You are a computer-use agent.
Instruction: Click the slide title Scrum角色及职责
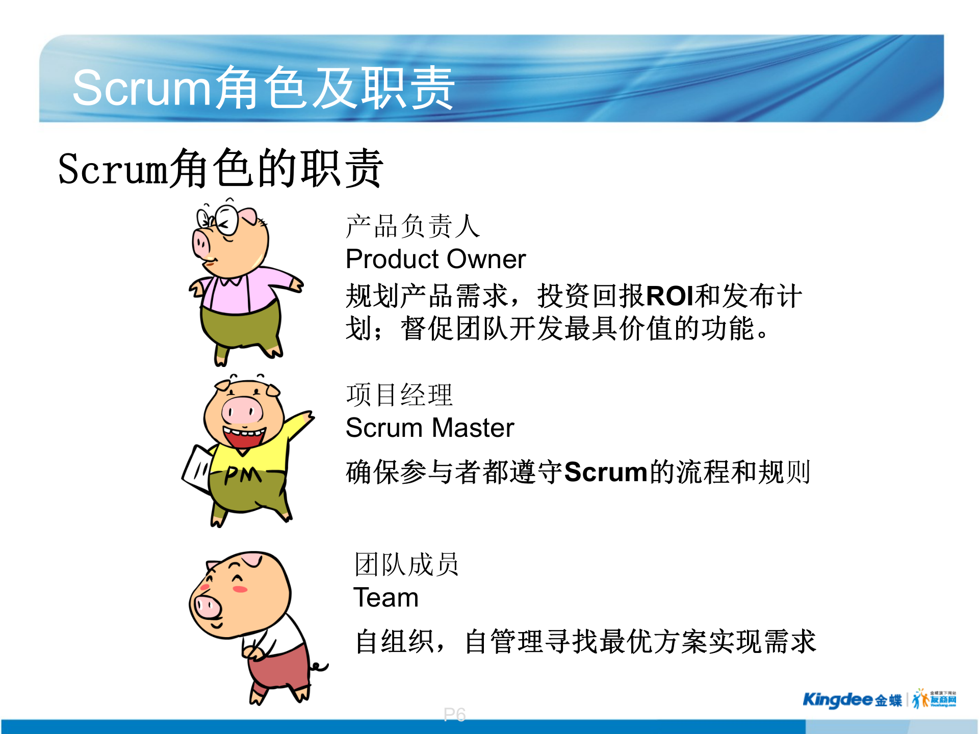pyautogui.click(x=263, y=88)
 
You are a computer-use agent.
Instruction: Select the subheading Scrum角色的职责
pyautogui.click(x=220, y=169)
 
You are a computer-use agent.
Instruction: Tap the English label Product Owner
pyautogui.click(x=435, y=259)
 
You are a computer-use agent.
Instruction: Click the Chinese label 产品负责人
pyautogui.click(x=413, y=226)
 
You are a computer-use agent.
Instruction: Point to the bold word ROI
pyautogui.click(x=669, y=296)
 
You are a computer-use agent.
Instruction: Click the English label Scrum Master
pyautogui.click(x=430, y=428)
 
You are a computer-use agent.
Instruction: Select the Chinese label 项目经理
pyautogui.click(x=399, y=395)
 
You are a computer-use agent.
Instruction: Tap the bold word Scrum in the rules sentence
pyautogui.click(x=605, y=472)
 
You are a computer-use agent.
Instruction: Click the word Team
pyautogui.click(x=386, y=597)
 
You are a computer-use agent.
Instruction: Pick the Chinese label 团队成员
pyautogui.click(x=407, y=565)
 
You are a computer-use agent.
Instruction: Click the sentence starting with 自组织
pyautogui.click(x=585, y=642)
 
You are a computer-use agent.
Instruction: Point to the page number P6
pyautogui.click(x=454, y=715)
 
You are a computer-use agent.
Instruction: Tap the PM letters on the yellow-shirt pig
pyautogui.click(x=243, y=475)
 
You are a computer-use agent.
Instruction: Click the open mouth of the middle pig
pyautogui.click(x=244, y=438)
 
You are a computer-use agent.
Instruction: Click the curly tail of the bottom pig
pyautogui.click(x=319, y=666)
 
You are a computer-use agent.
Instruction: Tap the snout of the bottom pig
pyautogui.click(x=207, y=607)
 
